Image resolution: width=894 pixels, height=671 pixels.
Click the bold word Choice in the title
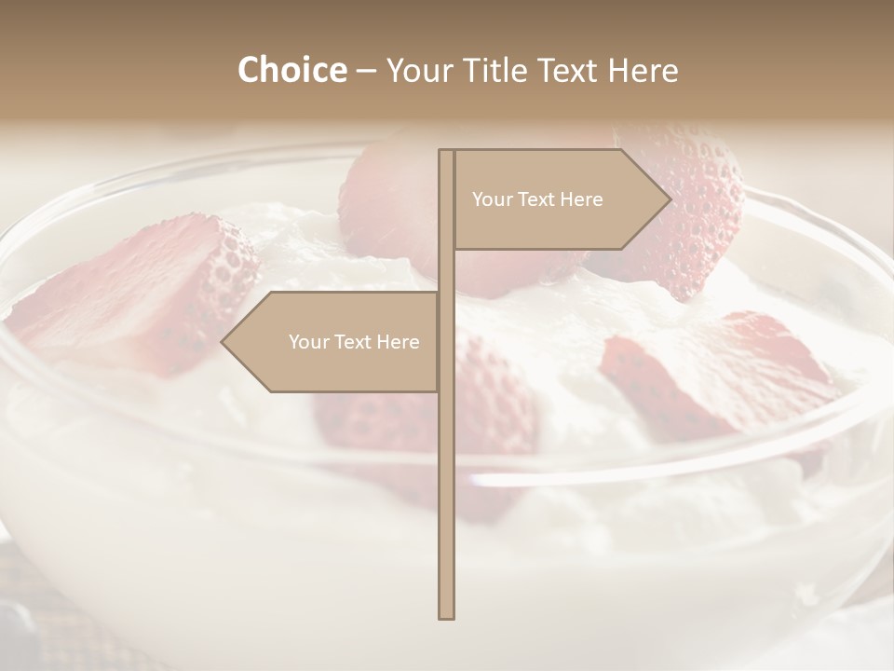point(291,71)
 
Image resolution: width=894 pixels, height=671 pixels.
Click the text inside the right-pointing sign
point(537,199)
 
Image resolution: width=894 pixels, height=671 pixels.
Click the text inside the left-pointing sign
point(354,342)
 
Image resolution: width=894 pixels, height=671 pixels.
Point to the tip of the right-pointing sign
point(670,199)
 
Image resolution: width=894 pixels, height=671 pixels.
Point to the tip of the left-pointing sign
point(223,341)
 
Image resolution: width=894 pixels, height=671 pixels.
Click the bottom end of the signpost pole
point(447,615)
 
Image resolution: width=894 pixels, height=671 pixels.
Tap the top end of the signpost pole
point(447,152)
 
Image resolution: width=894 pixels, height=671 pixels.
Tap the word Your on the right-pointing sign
point(491,199)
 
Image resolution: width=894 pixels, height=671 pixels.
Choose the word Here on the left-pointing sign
point(398,342)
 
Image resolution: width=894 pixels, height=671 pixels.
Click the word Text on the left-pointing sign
point(353,342)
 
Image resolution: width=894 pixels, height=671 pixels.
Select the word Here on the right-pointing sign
point(581,199)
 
